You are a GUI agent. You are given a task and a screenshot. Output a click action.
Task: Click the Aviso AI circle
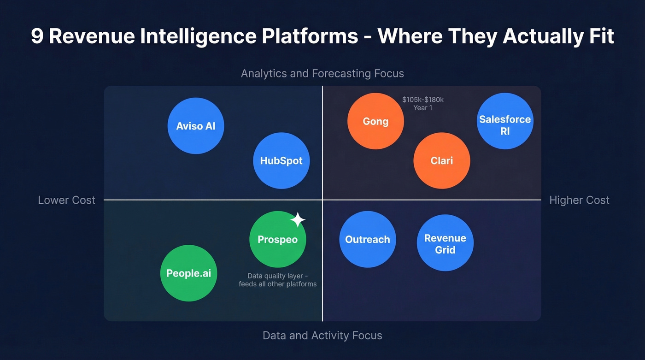point(196,126)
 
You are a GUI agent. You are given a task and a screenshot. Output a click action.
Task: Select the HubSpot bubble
point(281,161)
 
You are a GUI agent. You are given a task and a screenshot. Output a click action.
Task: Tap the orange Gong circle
point(375,121)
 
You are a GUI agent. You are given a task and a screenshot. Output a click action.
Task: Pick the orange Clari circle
point(441,161)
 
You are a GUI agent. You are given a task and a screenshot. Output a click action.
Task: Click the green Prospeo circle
point(277,240)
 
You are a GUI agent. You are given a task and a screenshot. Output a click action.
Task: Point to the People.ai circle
point(188,273)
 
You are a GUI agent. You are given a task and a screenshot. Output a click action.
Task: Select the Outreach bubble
point(367,240)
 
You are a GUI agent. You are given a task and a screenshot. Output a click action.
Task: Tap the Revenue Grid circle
point(445,243)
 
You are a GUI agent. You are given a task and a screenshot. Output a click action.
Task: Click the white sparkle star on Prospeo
point(298,220)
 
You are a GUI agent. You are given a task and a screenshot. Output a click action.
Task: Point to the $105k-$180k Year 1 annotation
point(422,104)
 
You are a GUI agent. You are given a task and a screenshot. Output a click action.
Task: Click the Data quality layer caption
point(277,280)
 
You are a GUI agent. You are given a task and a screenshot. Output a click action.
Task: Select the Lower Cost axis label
point(66,200)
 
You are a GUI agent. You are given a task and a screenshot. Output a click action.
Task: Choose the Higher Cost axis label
point(579,200)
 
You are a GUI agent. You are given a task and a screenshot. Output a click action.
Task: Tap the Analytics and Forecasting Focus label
point(322,73)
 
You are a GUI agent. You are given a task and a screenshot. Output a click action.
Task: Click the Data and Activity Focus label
point(322,335)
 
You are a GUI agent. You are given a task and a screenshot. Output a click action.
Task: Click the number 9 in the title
point(37,36)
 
